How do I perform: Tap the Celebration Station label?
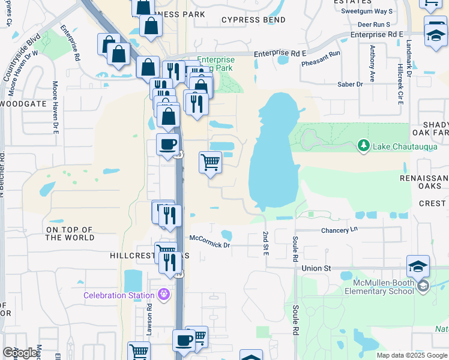pos(119,295)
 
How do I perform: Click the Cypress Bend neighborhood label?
pos(253,20)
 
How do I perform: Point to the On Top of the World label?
pos(70,234)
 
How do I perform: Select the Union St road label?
pos(316,268)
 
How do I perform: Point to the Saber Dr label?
pos(350,85)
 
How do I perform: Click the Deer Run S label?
pos(373,25)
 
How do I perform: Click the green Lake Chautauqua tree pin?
pos(363,145)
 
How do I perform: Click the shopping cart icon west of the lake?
pos(210,161)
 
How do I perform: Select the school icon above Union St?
pos(418,266)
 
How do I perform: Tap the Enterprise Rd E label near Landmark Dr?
pos(376,35)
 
